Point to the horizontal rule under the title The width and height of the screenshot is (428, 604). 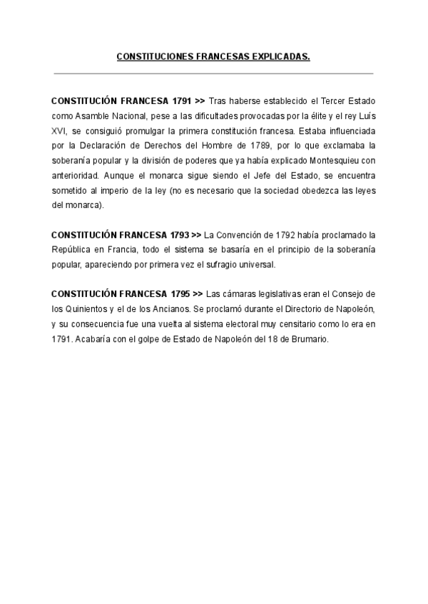214,73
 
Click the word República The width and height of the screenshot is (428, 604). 73,249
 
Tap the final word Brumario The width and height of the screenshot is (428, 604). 310,339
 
